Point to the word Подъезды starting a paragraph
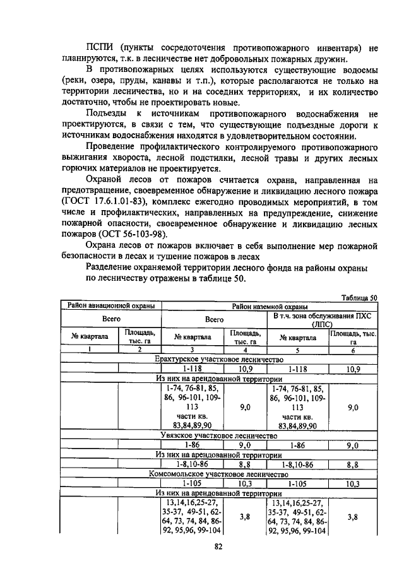point(106,114)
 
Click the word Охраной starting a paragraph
point(104,180)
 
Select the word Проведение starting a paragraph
point(110,146)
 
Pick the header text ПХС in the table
point(364,315)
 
